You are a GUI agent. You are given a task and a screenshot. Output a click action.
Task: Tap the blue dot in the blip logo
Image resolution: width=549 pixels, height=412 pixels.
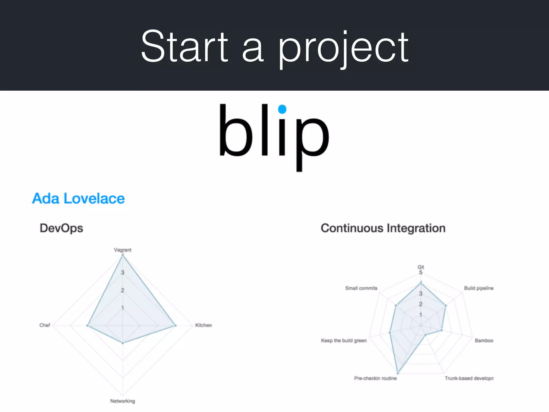pos(282,109)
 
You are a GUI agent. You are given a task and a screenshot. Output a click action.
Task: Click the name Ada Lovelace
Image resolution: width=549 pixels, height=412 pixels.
pos(78,199)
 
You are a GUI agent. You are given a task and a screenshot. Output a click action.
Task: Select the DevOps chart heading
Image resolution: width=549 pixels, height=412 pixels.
pos(61,228)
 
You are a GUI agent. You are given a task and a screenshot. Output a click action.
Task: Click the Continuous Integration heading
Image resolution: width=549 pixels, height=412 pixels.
pos(383,228)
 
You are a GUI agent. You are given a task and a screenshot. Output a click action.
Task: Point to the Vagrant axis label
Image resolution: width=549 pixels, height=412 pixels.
pos(123,250)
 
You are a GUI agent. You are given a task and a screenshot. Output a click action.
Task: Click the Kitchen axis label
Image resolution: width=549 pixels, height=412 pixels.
pos(203,325)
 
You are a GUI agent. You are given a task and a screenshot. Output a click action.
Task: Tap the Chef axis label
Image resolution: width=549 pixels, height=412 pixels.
pos(45,325)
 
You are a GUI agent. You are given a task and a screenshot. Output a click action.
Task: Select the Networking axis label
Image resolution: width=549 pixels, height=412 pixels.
pos(123,401)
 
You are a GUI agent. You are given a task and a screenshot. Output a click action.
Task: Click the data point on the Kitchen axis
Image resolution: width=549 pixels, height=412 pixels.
pos(175,326)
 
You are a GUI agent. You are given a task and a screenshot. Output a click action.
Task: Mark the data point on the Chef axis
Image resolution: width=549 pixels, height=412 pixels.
pos(87,326)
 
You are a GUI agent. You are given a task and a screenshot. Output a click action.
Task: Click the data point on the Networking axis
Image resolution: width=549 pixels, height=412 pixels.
pos(123,343)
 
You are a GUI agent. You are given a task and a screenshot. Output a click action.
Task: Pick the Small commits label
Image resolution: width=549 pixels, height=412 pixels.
pos(361,288)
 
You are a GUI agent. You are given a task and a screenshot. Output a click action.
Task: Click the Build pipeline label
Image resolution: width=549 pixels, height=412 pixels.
pos(479,288)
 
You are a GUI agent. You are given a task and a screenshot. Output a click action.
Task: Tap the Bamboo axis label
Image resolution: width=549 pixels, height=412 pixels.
pos(484,341)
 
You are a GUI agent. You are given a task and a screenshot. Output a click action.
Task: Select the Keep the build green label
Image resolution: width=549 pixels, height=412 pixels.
pos(344,341)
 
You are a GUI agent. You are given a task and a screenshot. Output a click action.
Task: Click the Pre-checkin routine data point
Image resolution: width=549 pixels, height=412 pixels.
pos(398,373)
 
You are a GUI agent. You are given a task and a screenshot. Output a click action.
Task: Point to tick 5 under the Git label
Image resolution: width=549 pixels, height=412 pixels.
pos(421,273)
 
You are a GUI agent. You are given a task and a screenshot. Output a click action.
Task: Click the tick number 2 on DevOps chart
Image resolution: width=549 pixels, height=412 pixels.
pos(123,290)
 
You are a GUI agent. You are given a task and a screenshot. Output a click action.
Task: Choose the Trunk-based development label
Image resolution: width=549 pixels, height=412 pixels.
pos(469,378)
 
